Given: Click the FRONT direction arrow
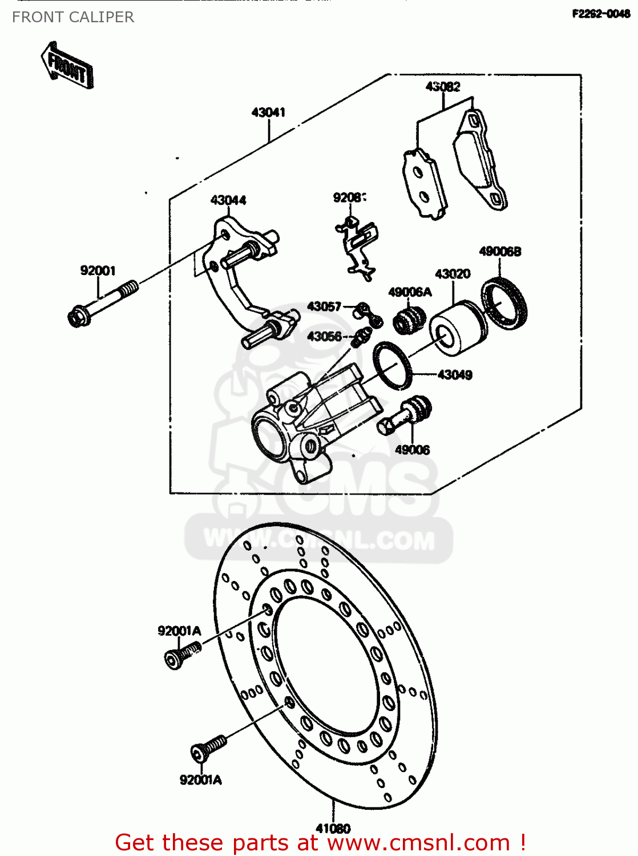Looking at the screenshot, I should [x=67, y=66].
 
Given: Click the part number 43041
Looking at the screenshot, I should [x=268, y=112].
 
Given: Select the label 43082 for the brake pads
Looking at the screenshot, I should [x=443, y=87].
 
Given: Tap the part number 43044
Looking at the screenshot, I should [x=228, y=200].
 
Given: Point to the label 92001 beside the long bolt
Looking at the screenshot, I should [x=98, y=270].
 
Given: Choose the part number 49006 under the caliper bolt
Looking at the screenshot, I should [x=412, y=450].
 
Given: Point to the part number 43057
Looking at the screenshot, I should [x=324, y=307].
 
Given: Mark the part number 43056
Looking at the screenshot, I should [x=324, y=337].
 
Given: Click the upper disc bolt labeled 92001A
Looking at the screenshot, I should [x=181, y=655].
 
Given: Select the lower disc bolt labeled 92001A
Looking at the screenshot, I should [x=208, y=748].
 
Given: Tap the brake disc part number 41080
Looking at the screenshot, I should [x=333, y=828].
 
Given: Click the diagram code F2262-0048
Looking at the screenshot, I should [x=601, y=14].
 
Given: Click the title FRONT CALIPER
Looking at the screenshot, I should [x=73, y=17].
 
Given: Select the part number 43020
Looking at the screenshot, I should [x=453, y=274].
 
